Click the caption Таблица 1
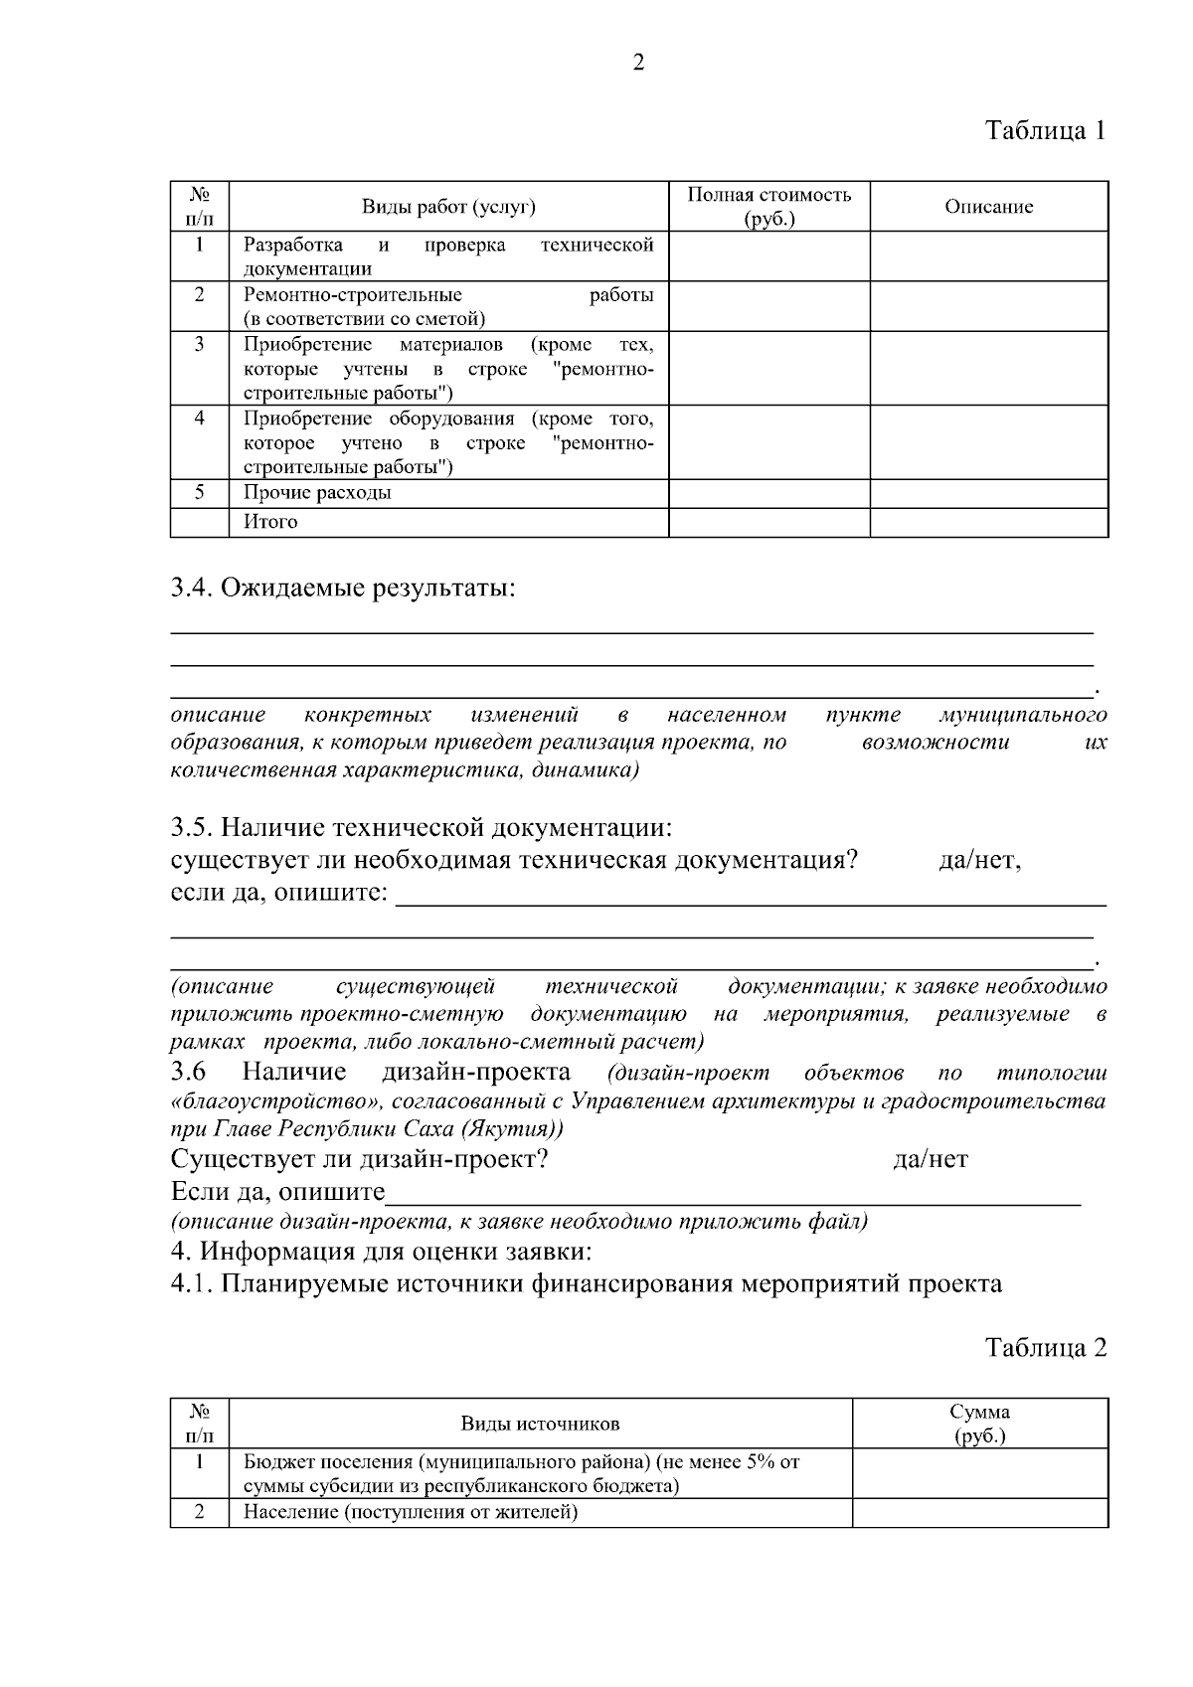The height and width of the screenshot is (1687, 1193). tap(1045, 130)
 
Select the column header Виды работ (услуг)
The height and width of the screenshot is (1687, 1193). tap(448, 207)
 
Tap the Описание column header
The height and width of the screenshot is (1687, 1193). tap(988, 207)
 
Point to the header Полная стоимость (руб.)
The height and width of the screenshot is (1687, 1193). tap(768, 207)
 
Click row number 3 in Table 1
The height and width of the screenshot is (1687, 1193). tap(200, 344)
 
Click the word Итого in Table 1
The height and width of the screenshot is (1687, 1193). tap(271, 522)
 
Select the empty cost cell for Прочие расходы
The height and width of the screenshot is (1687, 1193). tap(768, 493)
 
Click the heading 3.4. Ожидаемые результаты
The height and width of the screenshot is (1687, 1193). tap(344, 589)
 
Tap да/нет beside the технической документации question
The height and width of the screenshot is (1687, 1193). tap(979, 860)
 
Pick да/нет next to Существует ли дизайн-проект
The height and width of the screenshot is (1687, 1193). tap(931, 1159)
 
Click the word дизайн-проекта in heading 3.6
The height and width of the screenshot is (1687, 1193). tap(476, 1072)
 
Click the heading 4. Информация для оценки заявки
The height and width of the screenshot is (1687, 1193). tap(383, 1251)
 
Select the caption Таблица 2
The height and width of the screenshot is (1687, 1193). tap(1045, 1348)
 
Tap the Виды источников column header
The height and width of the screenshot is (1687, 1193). tap(540, 1424)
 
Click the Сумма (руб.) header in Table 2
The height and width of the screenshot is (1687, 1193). tap(979, 1424)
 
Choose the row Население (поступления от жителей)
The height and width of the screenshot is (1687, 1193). tap(411, 1513)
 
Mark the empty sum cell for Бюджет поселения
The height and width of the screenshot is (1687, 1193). tap(979, 1473)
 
